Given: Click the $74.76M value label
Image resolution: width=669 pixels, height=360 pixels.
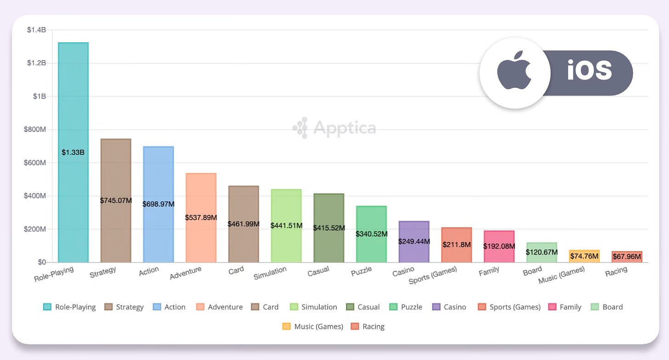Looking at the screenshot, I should pyautogui.click(x=584, y=256).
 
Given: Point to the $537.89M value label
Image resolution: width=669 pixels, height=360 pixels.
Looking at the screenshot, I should pyautogui.click(x=201, y=217).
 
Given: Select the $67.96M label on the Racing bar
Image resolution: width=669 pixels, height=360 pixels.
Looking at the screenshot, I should pyautogui.click(x=627, y=257).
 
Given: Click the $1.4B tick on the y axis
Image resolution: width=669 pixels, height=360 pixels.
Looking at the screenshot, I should pyautogui.click(x=36, y=30).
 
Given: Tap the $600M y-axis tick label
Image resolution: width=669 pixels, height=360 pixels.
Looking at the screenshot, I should pyautogui.click(x=35, y=163).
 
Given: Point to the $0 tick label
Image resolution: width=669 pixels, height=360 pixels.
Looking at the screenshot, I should pyautogui.click(x=41, y=262).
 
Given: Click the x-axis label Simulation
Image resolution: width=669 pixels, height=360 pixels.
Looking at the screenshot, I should pyautogui.click(x=270, y=273).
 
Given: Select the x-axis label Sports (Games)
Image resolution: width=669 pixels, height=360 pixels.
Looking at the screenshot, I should pyautogui.click(x=433, y=275).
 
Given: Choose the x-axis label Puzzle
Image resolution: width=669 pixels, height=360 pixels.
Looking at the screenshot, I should pyautogui.click(x=361, y=271).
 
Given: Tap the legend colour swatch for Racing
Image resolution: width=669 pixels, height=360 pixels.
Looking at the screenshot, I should pyautogui.click(x=355, y=326).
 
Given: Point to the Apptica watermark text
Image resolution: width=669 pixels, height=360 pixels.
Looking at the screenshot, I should pyautogui.click(x=344, y=127).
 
